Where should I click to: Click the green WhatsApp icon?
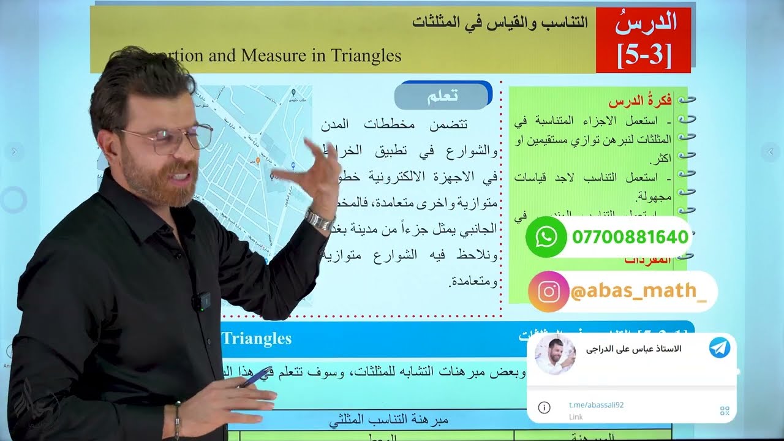pos(546,236)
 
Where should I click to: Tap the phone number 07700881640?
pos(630,237)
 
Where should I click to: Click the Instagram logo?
pos(549,292)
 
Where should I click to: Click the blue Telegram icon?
pos(719,348)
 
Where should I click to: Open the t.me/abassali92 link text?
pos(596,405)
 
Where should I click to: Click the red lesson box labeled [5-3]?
pos(645,40)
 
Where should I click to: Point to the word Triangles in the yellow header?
pos(366,56)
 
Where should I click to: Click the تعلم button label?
pos(443,96)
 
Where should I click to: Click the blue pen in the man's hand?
pos(256,376)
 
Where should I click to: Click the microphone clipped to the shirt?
pos(200,301)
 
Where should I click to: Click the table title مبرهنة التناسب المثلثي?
pos(389,421)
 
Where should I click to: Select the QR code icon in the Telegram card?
pos(725,411)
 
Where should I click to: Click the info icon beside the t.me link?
pos(544,407)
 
